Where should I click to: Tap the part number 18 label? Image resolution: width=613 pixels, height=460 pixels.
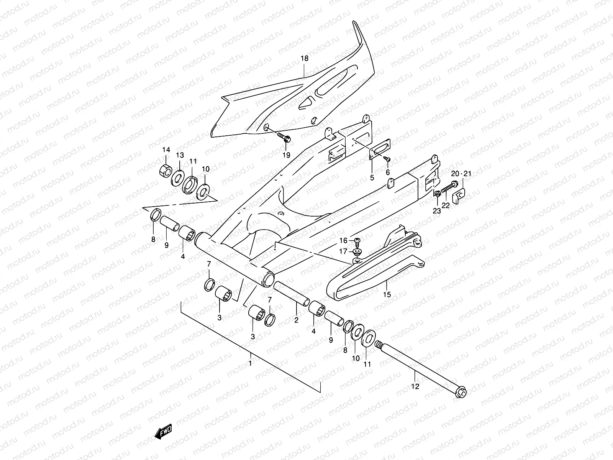point(304,59)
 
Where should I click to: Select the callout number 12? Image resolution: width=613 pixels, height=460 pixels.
point(415,386)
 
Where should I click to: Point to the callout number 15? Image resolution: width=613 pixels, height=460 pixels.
point(387,294)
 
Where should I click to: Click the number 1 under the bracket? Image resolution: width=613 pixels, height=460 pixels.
point(250,363)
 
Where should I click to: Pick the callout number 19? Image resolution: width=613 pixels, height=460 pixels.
point(286,155)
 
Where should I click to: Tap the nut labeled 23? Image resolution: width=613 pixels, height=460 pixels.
point(437,194)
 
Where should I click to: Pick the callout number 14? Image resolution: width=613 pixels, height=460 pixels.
point(166,149)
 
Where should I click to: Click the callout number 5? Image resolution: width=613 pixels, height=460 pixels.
point(371,178)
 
